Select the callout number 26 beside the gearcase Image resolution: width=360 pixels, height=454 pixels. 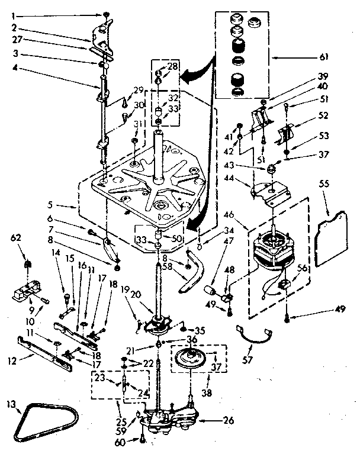(229, 421)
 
